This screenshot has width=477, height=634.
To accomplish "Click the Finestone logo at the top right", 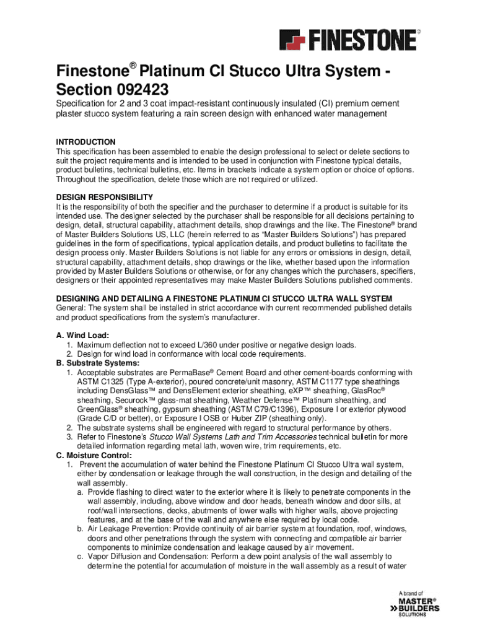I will pos(349,40).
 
